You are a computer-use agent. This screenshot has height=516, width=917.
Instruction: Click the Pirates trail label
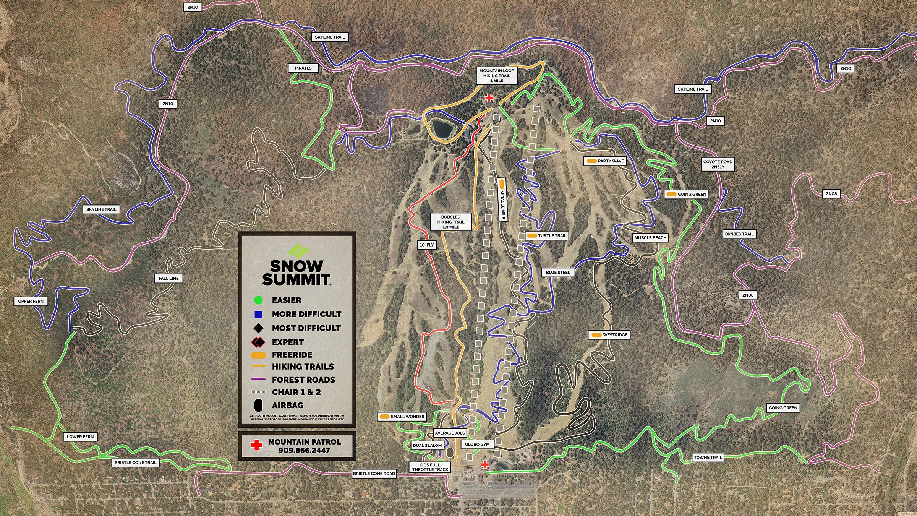point(303,68)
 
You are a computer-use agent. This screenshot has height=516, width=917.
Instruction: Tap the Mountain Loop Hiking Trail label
point(497,76)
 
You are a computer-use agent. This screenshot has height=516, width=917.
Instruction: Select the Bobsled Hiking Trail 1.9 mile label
point(451,222)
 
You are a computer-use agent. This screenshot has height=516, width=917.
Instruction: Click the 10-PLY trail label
point(426,245)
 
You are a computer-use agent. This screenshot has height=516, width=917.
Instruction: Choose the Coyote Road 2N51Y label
point(718,164)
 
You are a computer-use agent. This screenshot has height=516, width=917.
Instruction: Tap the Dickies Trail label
point(739,234)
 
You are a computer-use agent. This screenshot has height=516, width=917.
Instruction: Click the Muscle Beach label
point(650,238)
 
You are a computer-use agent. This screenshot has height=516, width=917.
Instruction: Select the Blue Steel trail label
point(558,273)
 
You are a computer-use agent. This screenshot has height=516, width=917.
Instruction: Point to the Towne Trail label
point(708,458)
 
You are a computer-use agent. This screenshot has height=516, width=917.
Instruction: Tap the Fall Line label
point(168,279)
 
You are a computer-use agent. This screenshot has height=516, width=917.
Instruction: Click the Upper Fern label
point(31,301)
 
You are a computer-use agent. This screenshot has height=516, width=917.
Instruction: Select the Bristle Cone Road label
point(374,474)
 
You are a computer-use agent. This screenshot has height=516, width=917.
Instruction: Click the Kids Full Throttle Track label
point(430,467)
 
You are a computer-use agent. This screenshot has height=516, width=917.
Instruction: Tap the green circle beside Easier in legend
point(258,300)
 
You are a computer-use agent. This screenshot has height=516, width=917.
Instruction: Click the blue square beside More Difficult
point(258,315)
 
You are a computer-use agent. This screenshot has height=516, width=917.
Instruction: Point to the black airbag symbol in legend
point(258,406)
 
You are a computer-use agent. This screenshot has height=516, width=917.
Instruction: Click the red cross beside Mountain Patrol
point(256,445)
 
